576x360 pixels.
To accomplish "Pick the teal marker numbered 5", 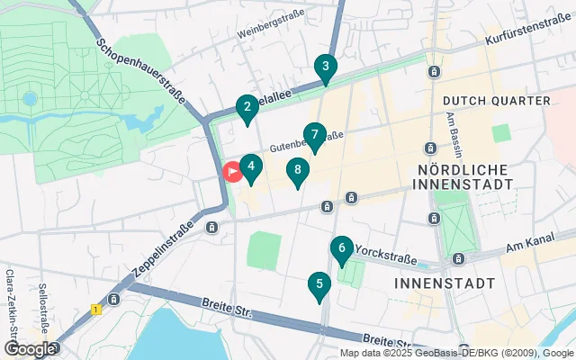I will [x=318, y=286].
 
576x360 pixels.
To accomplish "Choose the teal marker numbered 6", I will [x=341, y=248].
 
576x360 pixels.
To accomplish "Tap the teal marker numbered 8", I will [x=297, y=171].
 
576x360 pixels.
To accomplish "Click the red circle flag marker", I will [x=232, y=171].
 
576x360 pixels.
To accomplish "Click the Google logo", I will [x=29, y=348].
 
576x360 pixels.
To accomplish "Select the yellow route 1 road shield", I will [x=95, y=310].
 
